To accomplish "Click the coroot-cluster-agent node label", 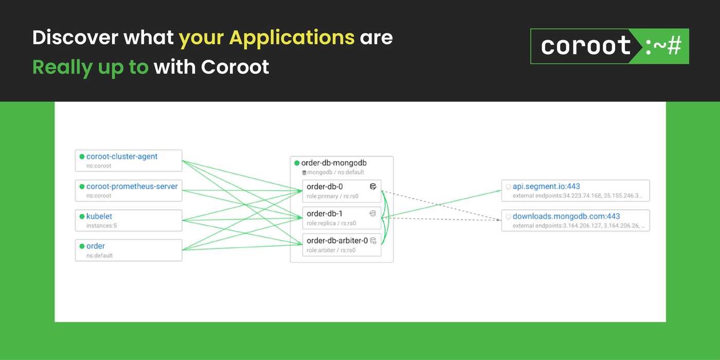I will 122,156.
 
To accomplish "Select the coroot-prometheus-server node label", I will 132,186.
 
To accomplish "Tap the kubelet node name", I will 99,217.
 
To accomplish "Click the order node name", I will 96,246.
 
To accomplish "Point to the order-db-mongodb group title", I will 334,163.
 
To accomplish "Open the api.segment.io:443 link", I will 546,186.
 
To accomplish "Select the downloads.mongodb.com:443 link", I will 566,217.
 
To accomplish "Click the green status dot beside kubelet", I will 82,217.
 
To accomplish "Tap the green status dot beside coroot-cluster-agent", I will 82,157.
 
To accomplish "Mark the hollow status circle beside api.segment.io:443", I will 508,187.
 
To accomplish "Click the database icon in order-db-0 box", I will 373,186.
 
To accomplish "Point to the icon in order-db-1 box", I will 373,213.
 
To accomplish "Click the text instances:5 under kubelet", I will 101,226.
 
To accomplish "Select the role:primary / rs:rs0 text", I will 332,196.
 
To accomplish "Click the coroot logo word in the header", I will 586,46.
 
